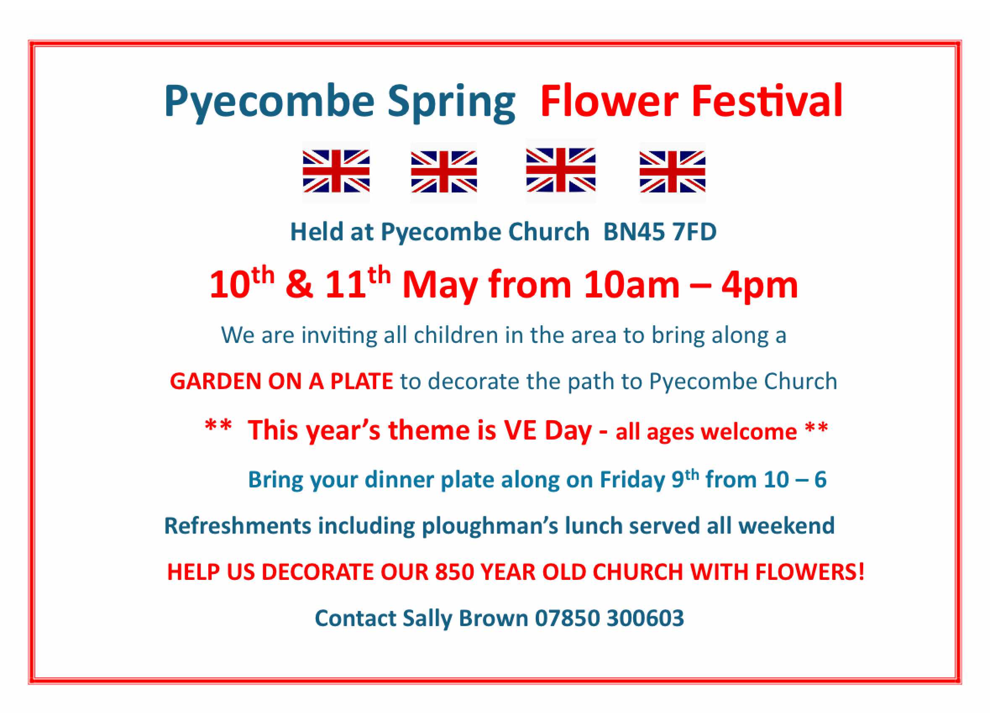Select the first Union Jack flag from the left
point(336,171)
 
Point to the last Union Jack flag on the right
point(672,171)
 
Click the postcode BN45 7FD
point(660,232)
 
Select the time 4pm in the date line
point(759,285)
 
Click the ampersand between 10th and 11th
point(299,284)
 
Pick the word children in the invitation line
point(456,335)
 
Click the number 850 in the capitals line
point(455,572)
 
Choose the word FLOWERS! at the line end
point(810,572)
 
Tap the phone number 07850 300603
point(609,619)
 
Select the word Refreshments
point(238,526)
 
